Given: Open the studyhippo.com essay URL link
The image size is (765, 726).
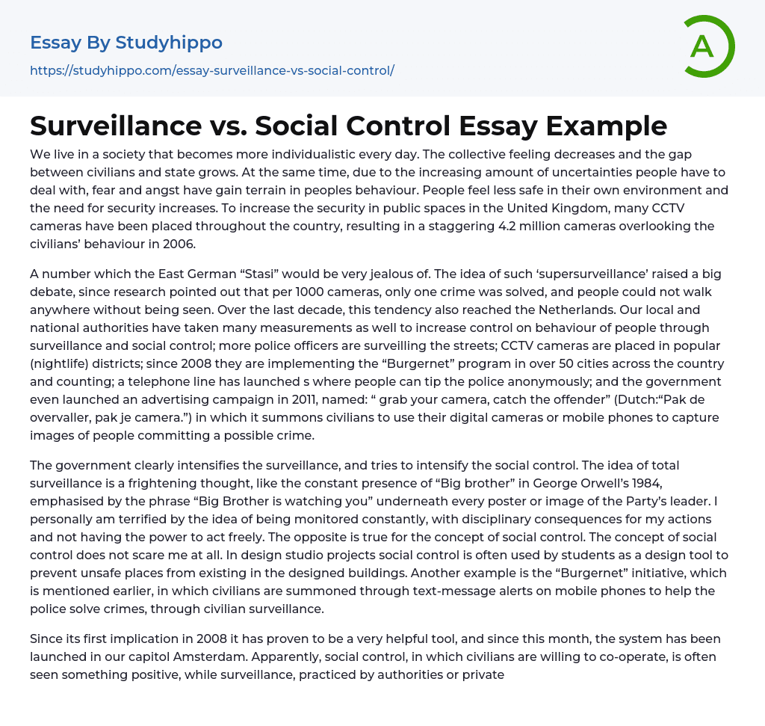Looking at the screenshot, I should tap(212, 70).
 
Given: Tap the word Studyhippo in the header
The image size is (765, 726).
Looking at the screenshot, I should tap(169, 43).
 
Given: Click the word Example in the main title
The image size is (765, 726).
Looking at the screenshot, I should tap(608, 126).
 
